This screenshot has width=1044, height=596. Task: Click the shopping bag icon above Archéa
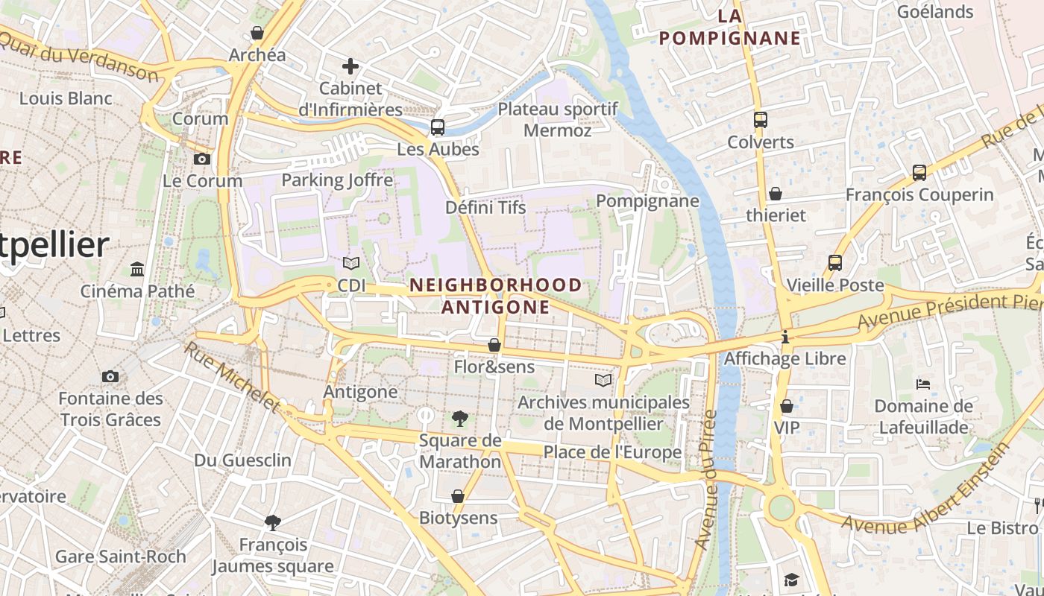tap(257, 33)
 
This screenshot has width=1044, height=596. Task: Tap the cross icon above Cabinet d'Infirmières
tap(350, 66)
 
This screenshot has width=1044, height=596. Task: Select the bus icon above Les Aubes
tap(438, 127)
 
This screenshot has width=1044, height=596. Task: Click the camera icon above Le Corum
tap(201, 159)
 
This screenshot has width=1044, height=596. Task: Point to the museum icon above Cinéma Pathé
tap(137, 269)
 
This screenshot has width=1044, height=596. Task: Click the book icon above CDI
tap(351, 263)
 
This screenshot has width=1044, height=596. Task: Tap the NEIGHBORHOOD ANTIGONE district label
tap(496, 296)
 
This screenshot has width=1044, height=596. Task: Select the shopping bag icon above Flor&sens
tap(494, 345)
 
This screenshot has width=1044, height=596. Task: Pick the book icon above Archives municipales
tap(603, 380)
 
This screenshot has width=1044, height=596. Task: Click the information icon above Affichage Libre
tap(784, 337)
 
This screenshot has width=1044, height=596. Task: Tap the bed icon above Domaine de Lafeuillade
tap(923, 384)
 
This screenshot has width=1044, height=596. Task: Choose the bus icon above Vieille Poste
tap(835, 263)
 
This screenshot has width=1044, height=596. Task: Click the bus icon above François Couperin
tap(919, 173)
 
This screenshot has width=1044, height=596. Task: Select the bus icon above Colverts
tap(761, 120)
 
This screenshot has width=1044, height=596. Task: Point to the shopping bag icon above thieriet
tap(776, 194)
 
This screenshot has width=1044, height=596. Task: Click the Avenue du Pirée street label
tap(705, 481)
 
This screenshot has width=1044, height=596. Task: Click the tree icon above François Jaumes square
tap(273, 523)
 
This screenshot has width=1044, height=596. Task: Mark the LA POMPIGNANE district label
tap(730, 27)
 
